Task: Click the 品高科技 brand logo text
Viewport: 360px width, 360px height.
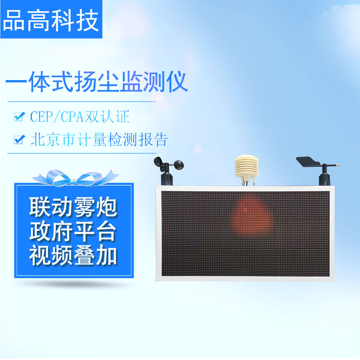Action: (x=51, y=21)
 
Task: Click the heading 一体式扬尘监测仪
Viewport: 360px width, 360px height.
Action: (x=97, y=82)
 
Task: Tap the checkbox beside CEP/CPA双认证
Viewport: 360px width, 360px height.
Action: (x=19, y=117)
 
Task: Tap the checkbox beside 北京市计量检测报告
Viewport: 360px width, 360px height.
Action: (x=19, y=139)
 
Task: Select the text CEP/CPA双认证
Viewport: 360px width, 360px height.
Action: (x=80, y=117)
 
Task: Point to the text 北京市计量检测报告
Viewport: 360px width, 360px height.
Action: (x=99, y=139)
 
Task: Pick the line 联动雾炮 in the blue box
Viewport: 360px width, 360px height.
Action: (x=73, y=207)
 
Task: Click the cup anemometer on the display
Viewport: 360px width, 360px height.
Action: (x=169, y=171)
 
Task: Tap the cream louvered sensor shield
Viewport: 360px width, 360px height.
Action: (x=246, y=166)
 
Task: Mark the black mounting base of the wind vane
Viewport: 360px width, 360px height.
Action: (x=324, y=178)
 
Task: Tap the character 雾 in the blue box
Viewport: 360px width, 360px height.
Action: (x=84, y=207)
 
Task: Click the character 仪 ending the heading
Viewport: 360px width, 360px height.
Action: (x=177, y=82)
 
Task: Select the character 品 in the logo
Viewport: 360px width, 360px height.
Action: (x=14, y=21)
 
